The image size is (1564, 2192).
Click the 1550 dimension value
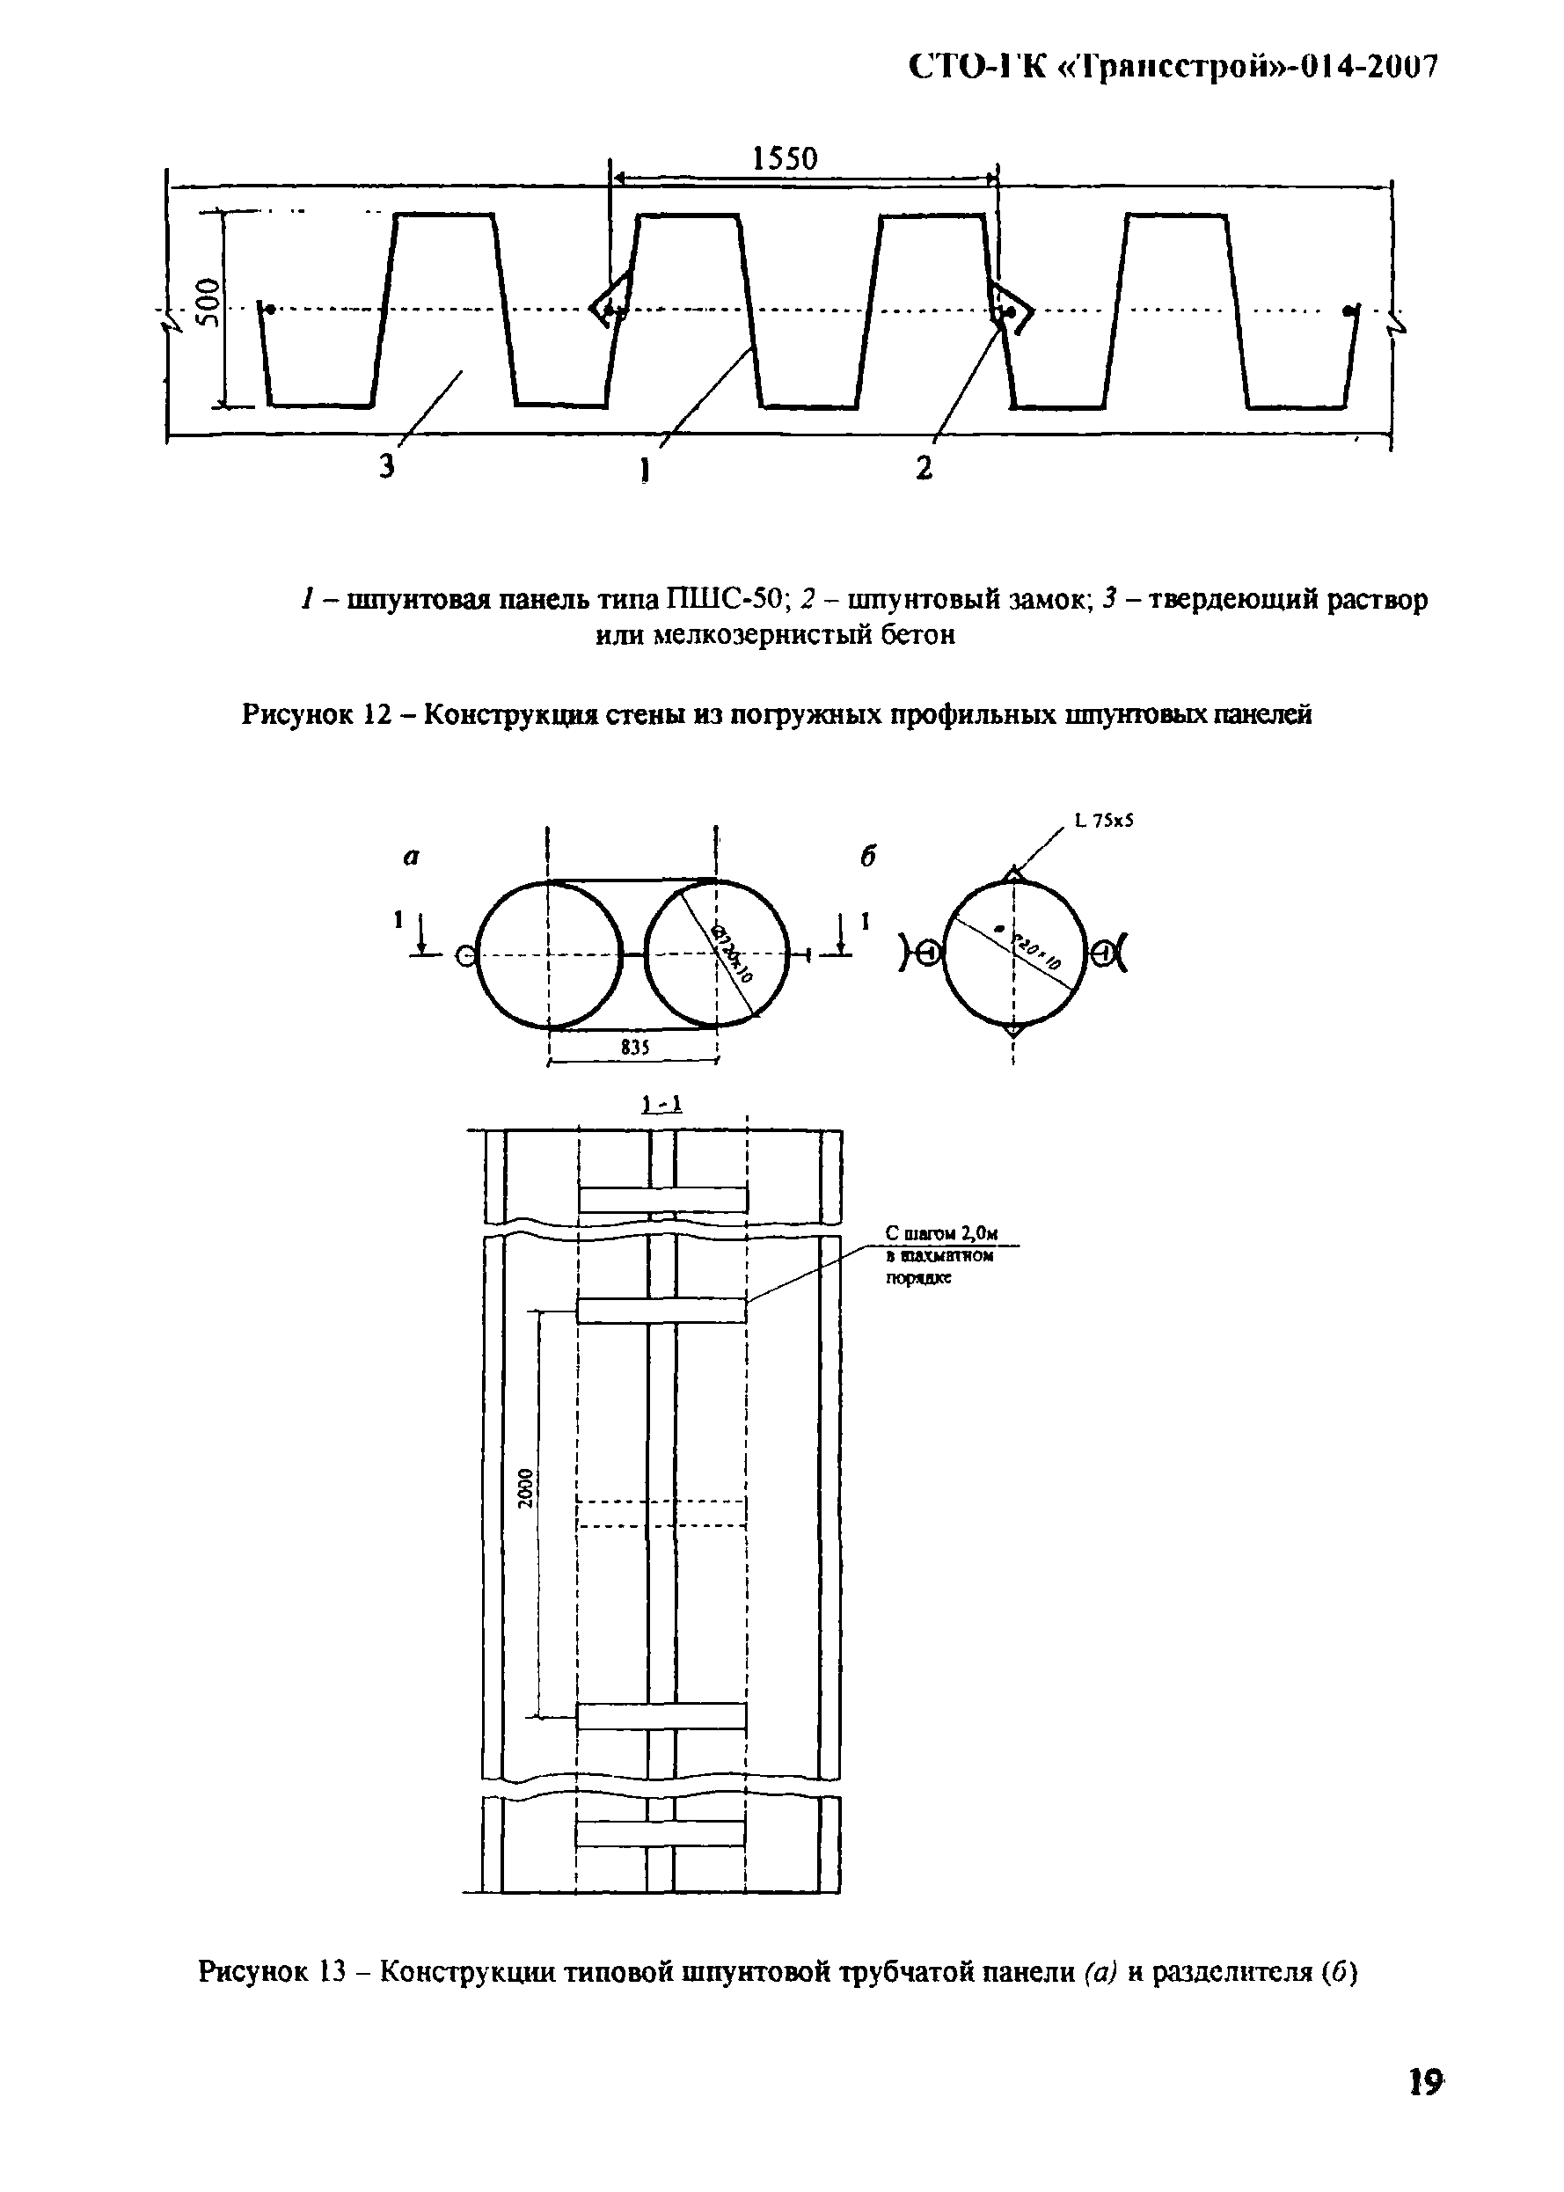784,159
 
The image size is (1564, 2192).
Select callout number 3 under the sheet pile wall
386,468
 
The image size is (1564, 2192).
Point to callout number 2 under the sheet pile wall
924,468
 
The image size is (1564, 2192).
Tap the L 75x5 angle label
1105,822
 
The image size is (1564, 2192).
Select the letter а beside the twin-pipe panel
411,857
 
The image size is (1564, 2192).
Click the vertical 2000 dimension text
525,1489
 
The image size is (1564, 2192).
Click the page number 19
1425,2083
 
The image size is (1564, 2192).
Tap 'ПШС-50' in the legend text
727,600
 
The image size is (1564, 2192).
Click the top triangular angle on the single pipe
1013,873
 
